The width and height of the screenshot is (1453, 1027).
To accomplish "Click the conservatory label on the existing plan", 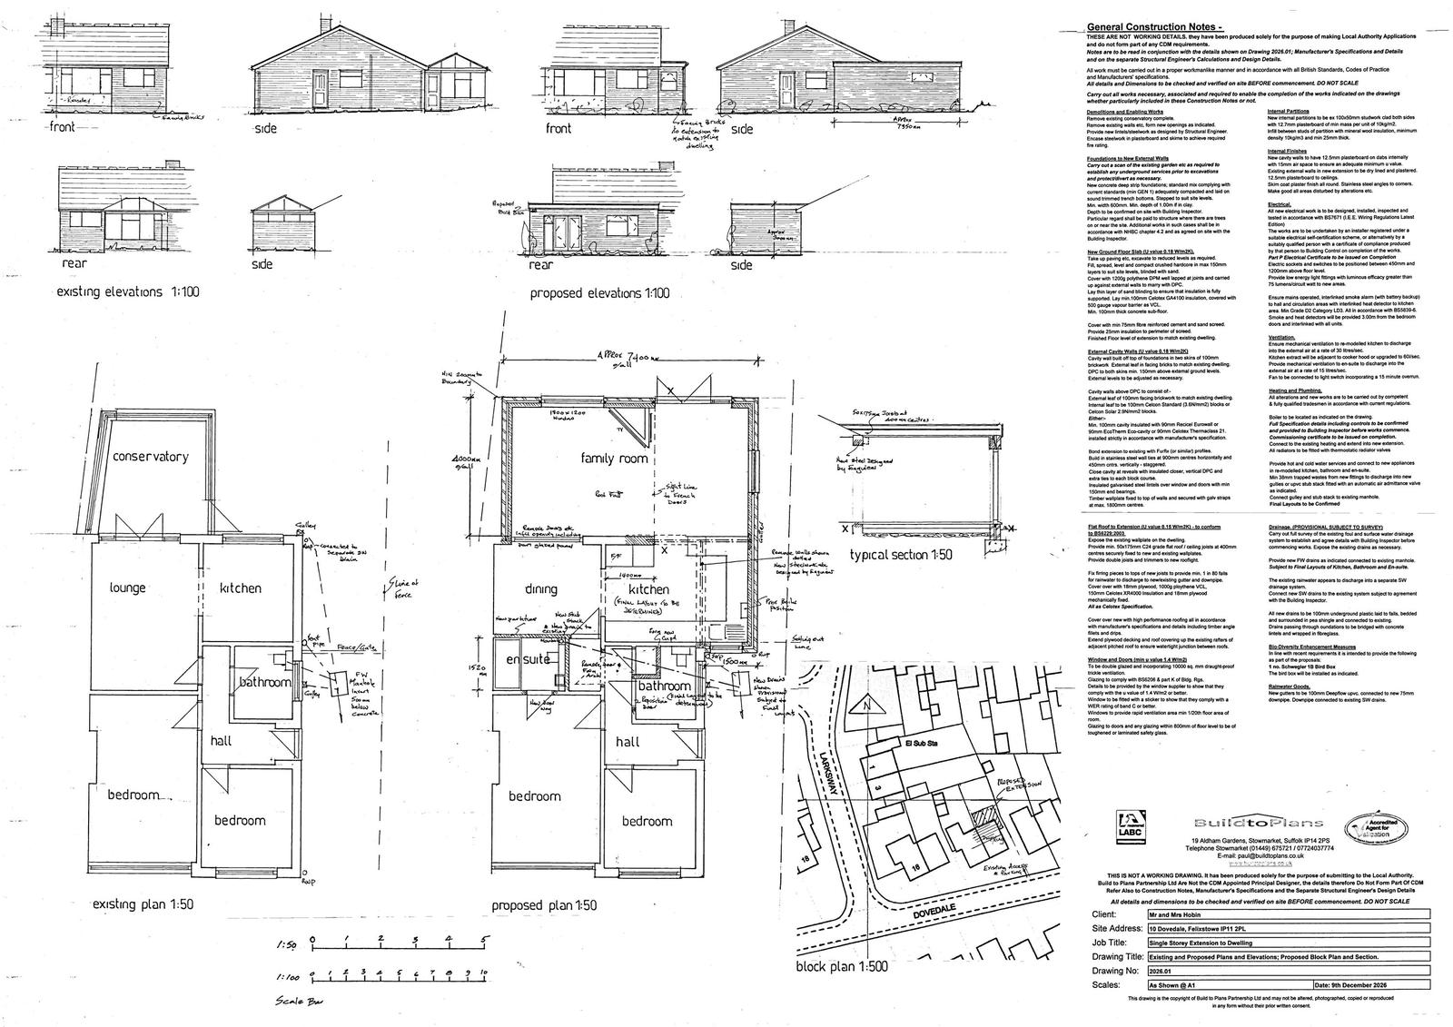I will point(151,456).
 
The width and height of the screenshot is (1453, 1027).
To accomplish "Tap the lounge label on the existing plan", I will point(127,588).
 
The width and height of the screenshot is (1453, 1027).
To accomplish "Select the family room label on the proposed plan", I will point(615,459).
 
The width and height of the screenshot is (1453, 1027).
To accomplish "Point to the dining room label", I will point(540,589).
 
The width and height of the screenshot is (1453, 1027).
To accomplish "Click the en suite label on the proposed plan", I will point(528,659).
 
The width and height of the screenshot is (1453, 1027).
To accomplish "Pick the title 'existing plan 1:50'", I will point(143,904).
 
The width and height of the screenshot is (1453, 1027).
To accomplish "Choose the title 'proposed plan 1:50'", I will point(544,905).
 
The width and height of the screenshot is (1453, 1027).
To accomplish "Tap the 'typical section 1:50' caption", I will point(902,555).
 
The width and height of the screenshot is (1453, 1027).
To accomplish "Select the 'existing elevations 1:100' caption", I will point(126,292).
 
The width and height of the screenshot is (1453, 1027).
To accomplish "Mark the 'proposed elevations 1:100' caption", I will point(599,293).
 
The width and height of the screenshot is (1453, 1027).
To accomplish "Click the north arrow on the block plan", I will point(866,706).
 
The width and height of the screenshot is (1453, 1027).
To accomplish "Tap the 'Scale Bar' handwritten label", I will point(302,1002).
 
